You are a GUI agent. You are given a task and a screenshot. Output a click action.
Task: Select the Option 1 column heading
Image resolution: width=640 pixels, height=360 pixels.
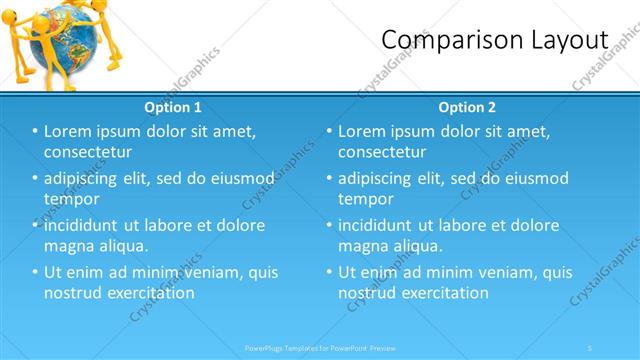point(173,107)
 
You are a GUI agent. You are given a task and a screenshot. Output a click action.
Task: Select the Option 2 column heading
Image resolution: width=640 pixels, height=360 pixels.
point(467,107)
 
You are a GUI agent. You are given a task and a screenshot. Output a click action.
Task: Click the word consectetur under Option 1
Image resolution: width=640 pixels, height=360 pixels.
point(89,152)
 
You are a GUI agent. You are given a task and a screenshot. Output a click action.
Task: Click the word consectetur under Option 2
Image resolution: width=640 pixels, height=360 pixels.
point(382,152)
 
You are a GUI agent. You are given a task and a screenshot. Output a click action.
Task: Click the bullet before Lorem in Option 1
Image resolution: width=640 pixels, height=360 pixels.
point(35,132)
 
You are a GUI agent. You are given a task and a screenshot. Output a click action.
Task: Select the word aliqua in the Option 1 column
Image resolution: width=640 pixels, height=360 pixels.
point(125,246)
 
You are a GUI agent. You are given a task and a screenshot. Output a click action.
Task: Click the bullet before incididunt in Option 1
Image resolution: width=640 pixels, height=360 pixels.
point(35,226)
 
